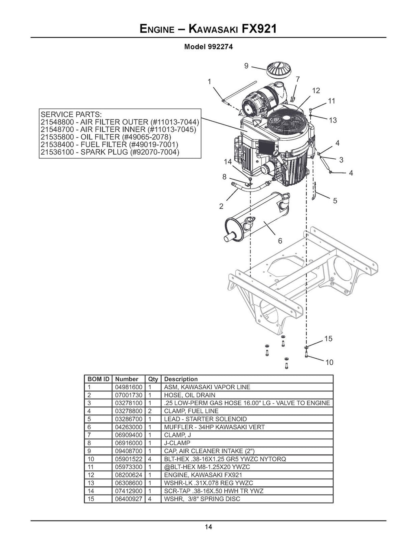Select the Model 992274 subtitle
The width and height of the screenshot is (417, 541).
tap(208, 47)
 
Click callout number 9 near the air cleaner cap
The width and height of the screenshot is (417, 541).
tap(246, 65)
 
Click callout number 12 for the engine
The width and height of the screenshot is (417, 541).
tap(316, 90)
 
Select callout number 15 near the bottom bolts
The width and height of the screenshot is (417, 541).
tap(328, 339)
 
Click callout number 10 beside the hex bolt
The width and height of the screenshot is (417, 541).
tap(329, 362)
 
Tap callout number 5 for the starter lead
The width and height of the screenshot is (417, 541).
tap(335, 201)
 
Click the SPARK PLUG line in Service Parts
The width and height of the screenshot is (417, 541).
tap(110, 152)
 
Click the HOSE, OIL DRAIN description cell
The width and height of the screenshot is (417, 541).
tap(190, 395)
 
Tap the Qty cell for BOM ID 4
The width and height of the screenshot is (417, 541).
tap(150, 411)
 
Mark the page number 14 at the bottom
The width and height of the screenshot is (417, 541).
tap(208, 527)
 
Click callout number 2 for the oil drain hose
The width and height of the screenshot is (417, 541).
tap(221, 206)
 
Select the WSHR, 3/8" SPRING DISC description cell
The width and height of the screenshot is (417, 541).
tap(202, 499)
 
